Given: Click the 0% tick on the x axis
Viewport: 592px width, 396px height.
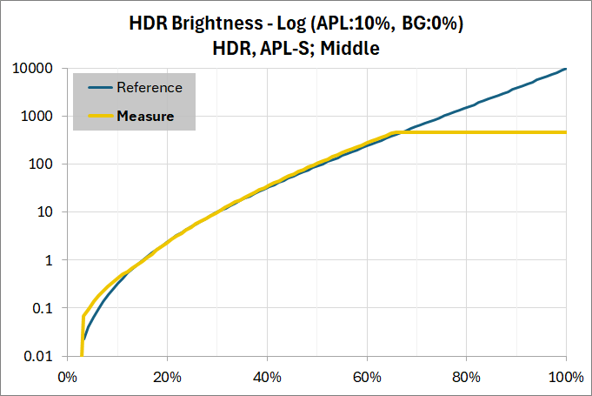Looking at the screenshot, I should [x=67, y=377].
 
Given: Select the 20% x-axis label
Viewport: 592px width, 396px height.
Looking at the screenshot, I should [x=167, y=377].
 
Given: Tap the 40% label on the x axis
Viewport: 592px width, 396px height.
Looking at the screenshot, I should [x=267, y=377].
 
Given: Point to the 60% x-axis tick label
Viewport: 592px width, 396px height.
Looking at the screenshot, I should [x=367, y=377].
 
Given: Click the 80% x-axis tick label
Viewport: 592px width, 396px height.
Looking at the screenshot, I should [x=467, y=377].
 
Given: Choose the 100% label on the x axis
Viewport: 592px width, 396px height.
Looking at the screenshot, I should [x=566, y=377].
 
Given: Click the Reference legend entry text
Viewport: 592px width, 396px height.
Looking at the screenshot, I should [x=150, y=88].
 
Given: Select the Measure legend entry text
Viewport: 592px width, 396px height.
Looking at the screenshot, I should [x=145, y=115].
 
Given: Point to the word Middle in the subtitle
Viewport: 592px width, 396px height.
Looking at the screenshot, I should [x=350, y=49].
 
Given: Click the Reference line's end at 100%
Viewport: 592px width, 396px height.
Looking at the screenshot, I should [x=566, y=69].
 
